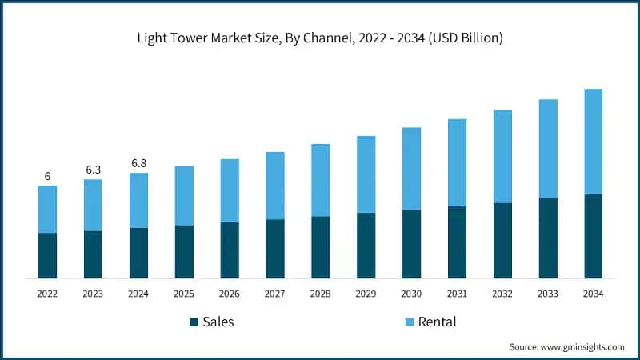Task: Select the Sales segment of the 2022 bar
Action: tap(47, 256)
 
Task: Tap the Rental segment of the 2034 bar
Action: tap(593, 142)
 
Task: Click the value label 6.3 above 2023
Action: tap(93, 170)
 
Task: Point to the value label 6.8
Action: tap(138, 163)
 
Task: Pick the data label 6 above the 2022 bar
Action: tap(47, 176)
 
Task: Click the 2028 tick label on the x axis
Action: tap(320, 294)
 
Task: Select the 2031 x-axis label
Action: tap(457, 294)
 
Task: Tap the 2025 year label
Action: tap(184, 294)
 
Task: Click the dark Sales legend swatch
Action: tap(194, 322)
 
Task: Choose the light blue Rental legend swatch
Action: tap(409, 322)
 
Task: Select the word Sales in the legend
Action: tap(218, 322)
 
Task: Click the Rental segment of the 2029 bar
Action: tap(366, 174)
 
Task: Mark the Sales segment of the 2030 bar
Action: tap(411, 244)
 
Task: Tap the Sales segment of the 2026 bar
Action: tap(230, 250)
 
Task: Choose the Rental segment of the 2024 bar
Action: tap(138, 200)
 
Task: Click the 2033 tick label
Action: tap(547, 294)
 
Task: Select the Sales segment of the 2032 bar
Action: tap(502, 241)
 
